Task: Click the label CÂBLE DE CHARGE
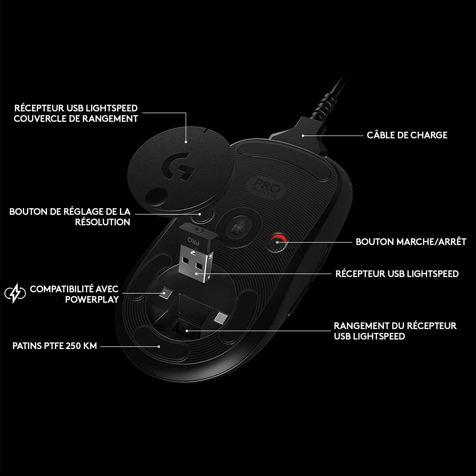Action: point(407,135)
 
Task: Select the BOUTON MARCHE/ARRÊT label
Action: point(411,242)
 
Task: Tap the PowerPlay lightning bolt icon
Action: point(15,294)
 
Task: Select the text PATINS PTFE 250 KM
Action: point(55,346)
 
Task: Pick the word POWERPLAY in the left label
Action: point(92,300)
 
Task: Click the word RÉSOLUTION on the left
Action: point(102,222)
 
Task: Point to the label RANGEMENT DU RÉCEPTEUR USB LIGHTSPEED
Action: point(395,331)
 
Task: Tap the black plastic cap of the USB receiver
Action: point(191,237)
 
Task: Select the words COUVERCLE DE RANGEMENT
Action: point(76,119)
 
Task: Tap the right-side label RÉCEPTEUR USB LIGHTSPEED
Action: point(397,274)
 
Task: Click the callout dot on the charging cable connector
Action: point(303,136)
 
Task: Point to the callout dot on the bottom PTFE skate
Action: point(159,347)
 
